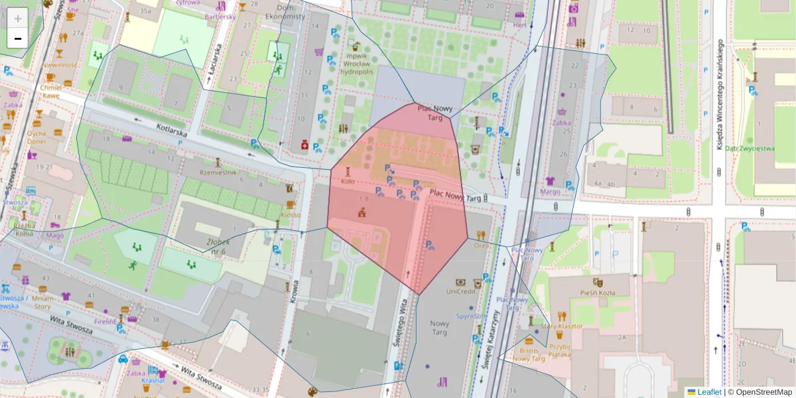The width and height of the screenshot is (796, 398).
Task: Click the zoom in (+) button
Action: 18,19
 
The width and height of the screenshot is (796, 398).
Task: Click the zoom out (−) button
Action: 18,38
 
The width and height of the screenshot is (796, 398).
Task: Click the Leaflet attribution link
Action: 709,392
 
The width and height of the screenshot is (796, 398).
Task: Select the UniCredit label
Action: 461,291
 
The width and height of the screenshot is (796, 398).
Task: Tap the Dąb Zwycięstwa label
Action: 750,149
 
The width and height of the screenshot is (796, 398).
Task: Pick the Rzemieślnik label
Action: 219,172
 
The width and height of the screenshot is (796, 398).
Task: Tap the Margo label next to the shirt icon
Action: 550,192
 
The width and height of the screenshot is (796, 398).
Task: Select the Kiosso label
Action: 291,214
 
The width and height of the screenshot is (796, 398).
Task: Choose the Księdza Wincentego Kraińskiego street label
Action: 719,93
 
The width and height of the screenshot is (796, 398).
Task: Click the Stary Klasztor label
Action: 561,326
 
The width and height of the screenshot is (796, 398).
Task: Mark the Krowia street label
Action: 293,292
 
